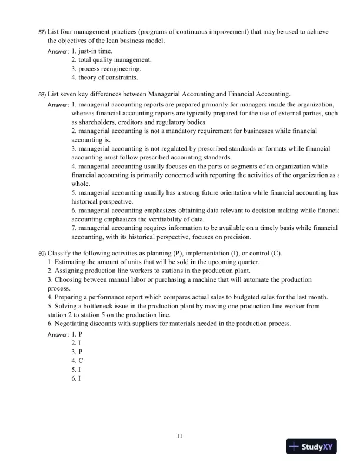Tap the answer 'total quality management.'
111,60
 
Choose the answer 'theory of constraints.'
106,77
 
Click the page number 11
180,435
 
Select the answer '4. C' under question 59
77,360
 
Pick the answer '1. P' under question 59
76,334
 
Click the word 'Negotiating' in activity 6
72,323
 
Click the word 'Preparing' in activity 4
70,297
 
